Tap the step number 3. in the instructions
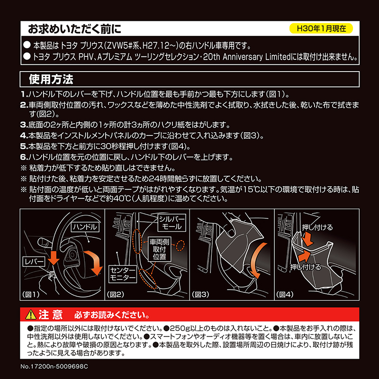[x=24, y=125]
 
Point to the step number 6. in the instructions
[x=24, y=157]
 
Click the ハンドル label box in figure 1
[x=85, y=227]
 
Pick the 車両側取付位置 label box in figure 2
[x=160, y=249]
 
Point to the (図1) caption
[x=31, y=294]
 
